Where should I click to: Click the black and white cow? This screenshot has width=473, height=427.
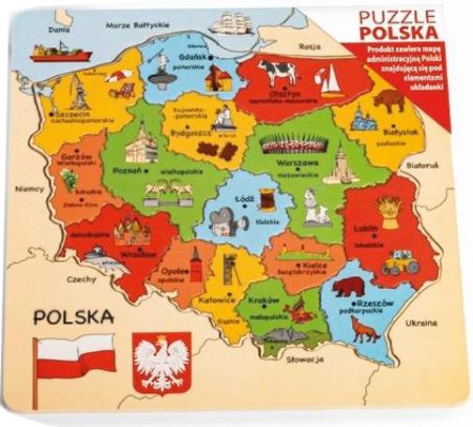[x=278, y=71]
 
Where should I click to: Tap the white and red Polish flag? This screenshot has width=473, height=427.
[x=75, y=361]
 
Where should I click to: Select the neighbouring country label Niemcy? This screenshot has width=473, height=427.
[x=30, y=187]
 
